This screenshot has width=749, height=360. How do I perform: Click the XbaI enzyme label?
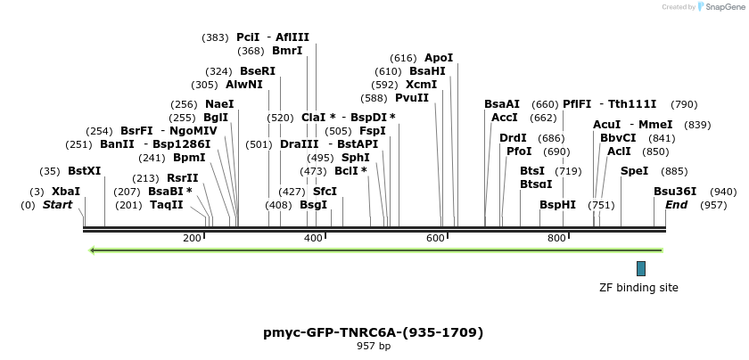click(66, 192)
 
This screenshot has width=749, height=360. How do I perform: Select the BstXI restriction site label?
click(85, 171)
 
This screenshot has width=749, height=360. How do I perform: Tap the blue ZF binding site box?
click(640, 268)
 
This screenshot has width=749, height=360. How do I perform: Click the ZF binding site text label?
click(638, 288)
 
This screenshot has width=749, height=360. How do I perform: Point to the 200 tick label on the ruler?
click(192, 238)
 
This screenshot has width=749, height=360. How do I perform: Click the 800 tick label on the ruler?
click(556, 238)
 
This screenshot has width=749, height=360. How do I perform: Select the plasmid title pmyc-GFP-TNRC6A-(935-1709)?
click(373, 332)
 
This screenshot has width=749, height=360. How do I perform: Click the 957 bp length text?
click(373, 346)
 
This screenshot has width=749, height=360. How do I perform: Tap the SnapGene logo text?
click(722, 7)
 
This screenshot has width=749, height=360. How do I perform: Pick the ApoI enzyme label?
click(439, 58)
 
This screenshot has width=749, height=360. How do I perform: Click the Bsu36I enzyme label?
click(675, 192)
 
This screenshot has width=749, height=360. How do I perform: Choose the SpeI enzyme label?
click(634, 171)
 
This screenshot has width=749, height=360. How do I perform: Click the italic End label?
click(676, 205)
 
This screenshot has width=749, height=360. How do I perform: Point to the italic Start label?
click(58, 205)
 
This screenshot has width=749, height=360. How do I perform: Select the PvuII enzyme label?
click(412, 98)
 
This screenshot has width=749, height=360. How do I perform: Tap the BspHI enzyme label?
click(557, 205)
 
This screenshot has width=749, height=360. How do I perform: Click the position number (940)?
click(722, 192)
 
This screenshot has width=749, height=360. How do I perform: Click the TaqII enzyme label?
click(167, 205)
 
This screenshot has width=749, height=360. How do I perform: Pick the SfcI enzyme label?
click(325, 192)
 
